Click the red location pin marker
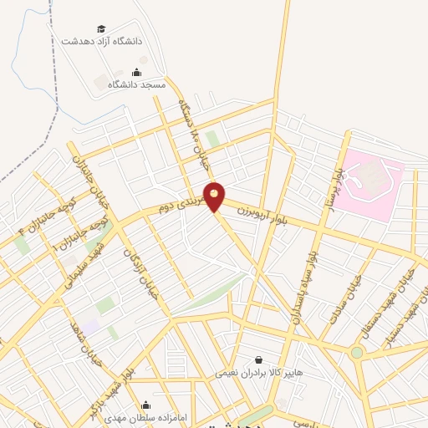click(215, 196)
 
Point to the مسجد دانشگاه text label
click(143, 84)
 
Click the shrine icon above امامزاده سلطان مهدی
click(146, 404)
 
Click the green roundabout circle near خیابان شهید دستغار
click(357, 352)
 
